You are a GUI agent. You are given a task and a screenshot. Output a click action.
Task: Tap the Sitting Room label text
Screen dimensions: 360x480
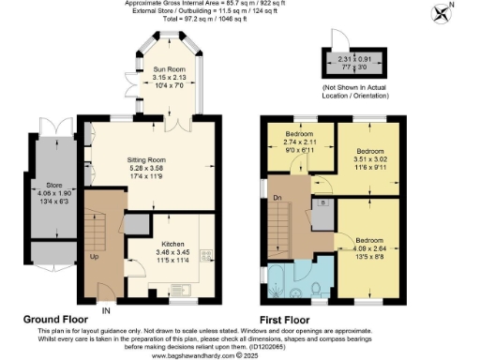pyautogui.click(x=145, y=160)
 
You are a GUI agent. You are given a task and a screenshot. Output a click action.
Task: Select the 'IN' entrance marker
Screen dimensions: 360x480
pyautogui.click(x=106, y=310)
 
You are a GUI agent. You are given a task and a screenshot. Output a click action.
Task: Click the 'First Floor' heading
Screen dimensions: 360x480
pyautogui.click(x=289, y=320)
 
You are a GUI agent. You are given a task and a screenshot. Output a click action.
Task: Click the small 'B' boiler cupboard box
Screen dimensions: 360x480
pyautogui.click(x=322, y=202)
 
